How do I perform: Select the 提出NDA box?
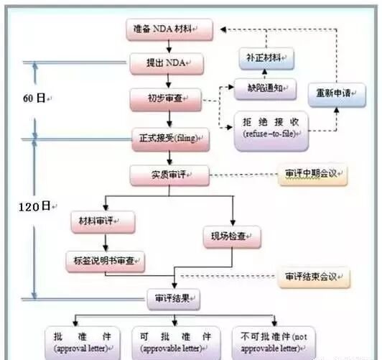tap(168, 64)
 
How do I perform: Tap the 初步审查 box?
tap(168, 99)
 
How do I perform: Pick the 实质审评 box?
tap(169, 175)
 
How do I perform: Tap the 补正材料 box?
tap(266, 55)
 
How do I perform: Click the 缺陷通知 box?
tap(266, 88)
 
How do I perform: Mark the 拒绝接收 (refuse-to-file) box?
tap(271, 129)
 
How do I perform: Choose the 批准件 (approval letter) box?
tap(81, 342)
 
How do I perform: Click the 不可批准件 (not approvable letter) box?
tap(270, 342)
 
